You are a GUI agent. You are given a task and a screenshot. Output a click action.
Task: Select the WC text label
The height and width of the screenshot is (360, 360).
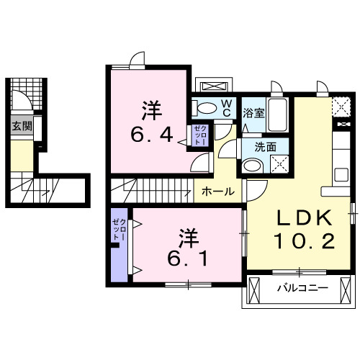[226, 109]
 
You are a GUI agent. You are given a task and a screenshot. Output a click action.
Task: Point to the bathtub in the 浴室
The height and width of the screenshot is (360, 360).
[278, 116]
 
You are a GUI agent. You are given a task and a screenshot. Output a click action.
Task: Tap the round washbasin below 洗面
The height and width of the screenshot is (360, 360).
[251, 165]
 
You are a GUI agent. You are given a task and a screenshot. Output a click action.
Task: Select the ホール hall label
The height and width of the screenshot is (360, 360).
[217, 192]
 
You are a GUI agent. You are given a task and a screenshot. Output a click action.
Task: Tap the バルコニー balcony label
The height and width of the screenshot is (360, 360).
[303, 289]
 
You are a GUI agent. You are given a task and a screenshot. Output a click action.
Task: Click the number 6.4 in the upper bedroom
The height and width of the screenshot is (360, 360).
[152, 135]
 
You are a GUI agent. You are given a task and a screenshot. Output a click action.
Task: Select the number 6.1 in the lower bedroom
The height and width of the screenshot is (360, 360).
[189, 257]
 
